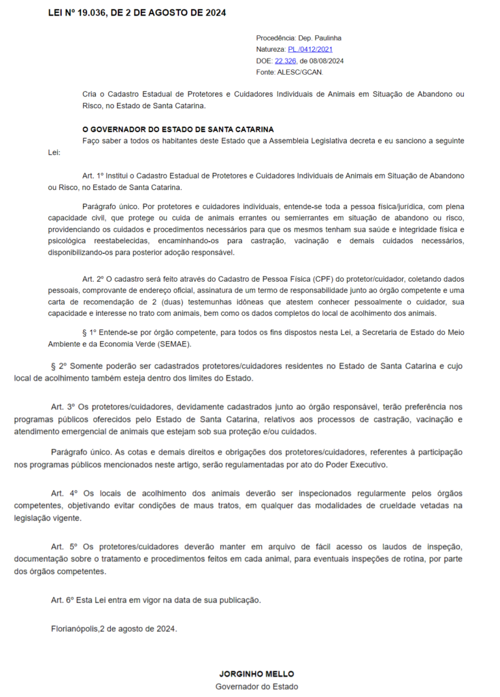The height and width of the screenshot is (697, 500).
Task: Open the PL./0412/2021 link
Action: [311, 50]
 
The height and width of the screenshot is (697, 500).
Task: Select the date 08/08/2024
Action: [326, 61]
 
